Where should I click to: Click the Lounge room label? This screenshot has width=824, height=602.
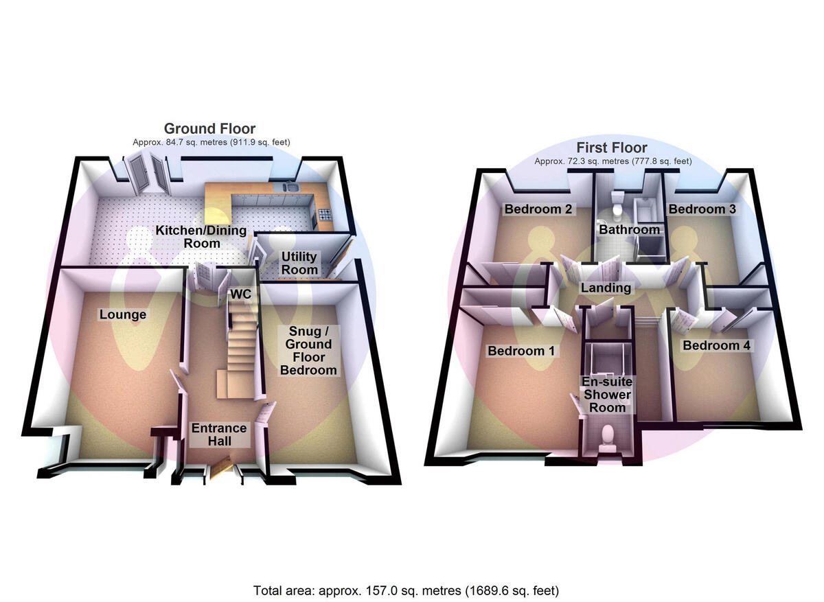point(123,314)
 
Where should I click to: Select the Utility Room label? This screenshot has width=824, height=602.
point(299,263)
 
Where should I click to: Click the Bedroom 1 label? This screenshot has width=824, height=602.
point(521,351)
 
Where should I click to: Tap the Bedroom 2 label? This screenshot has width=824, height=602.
point(538,209)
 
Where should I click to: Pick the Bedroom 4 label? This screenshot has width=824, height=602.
point(716,345)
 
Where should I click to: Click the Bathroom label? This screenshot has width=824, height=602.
point(629,229)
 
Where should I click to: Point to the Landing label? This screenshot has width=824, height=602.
point(606,288)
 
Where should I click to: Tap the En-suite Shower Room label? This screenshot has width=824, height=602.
point(607,394)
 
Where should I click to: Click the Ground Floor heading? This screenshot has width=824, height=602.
point(209,128)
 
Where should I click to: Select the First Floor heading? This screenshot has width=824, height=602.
point(612,148)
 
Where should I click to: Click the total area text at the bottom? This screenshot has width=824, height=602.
point(407,590)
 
